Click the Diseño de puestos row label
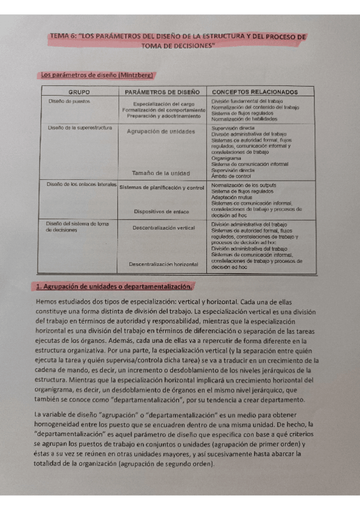coord(69,101)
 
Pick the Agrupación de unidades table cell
coord(161,131)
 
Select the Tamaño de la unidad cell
coord(161,173)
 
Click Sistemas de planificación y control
coord(162,188)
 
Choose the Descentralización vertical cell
coord(163,228)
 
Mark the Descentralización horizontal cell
coord(163,264)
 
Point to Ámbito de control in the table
coord(231,175)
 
